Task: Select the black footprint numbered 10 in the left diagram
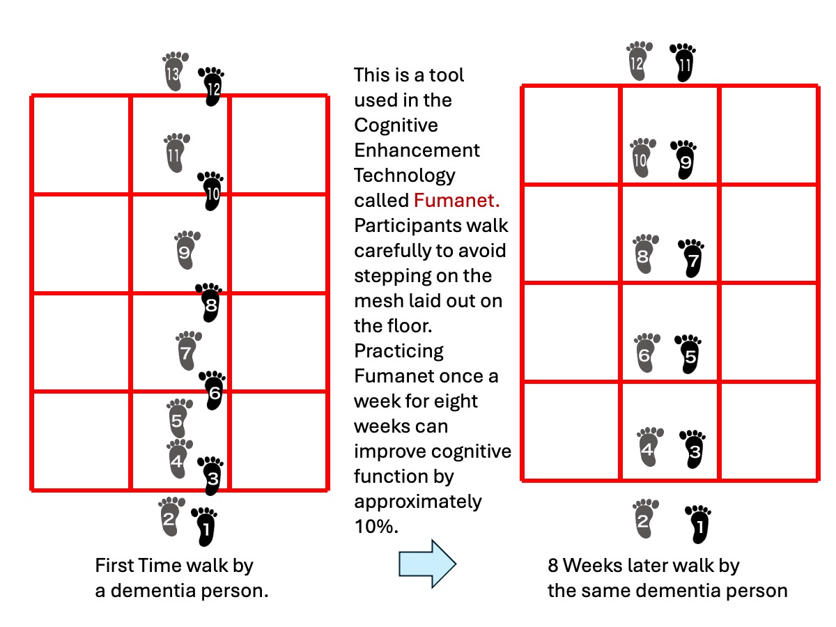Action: (x=212, y=191)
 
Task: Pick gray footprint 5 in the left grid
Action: (x=178, y=419)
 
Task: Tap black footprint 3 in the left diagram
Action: (x=211, y=477)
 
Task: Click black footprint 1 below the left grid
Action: (x=205, y=526)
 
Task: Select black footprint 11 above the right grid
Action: (x=683, y=63)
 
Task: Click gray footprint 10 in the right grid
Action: (x=641, y=157)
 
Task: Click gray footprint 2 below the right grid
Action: (x=644, y=518)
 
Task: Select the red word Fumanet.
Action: (x=456, y=201)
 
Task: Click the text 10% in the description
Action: (x=376, y=527)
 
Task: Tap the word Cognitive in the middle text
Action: (x=396, y=125)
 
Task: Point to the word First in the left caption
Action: (x=115, y=566)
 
